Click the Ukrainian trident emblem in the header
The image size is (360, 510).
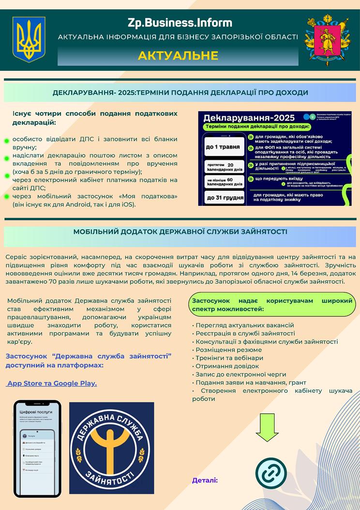pos(29,39)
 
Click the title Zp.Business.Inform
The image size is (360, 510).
pos(180,22)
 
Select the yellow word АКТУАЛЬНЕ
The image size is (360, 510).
pos(178,55)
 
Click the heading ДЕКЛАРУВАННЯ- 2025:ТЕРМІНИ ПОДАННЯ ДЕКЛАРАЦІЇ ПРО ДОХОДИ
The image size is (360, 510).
pos(180,93)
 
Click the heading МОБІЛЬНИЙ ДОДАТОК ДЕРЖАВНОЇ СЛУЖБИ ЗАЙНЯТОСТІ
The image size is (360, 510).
pos(180,232)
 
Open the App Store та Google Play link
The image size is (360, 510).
pos(51,383)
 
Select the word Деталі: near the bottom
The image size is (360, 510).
pos(205,480)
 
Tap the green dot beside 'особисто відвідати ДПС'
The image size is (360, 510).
pos(7,141)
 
